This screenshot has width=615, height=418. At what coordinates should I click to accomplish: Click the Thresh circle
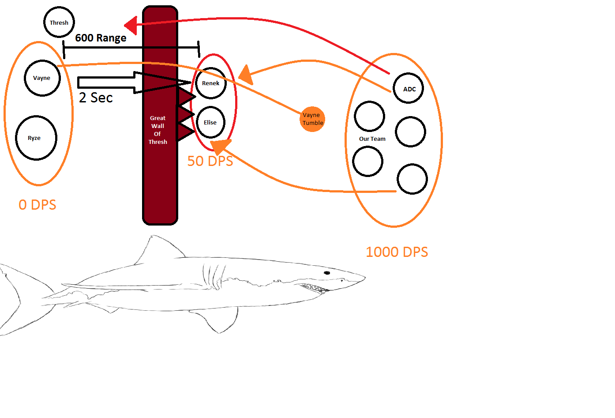pyautogui.click(x=59, y=22)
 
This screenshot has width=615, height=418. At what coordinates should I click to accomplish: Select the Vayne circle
pyautogui.click(x=42, y=78)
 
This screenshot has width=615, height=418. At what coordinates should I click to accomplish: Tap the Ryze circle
pyautogui.click(x=36, y=138)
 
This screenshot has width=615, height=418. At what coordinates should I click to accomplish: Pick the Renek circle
pyautogui.click(x=211, y=83)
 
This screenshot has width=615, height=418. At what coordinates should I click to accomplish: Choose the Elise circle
pyautogui.click(x=210, y=122)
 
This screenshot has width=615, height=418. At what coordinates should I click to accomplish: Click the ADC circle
pyautogui.click(x=409, y=89)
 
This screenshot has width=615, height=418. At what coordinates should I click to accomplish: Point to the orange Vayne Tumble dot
pyautogui.click(x=312, y=119)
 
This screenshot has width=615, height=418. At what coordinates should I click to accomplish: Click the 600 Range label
pyautogui.click(x=101, y=38)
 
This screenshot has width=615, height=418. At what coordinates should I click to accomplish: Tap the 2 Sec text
pyautogui.click(x=96, y=98)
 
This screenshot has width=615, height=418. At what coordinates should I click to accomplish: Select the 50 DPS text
pyautogui.click(x=210, y=161)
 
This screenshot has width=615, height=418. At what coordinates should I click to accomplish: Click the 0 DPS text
pyautogui.click(x=37, y=205)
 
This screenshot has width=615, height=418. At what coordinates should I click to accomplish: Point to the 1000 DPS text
pyautogui.click(x=397, y=252)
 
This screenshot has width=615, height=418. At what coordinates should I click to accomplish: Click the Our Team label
pyautogui.click(x=372, y=139)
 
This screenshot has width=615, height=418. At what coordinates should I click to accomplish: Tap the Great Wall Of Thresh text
pyautogui.click(x=157, y=130)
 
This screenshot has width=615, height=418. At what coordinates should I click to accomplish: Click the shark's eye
pyautogui.click(x=327, y=273)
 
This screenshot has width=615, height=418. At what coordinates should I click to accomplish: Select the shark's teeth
pyautogui.click(x=315, y=288)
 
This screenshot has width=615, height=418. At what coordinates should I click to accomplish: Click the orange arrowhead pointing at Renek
pyautogui.click(x=245, y=75)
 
